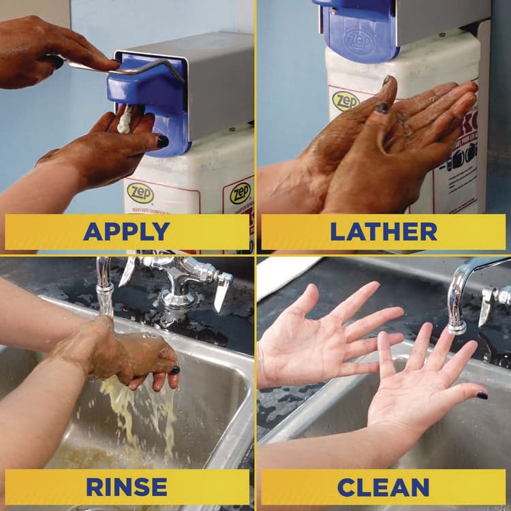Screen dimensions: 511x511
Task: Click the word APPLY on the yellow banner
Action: [x=126, y=232]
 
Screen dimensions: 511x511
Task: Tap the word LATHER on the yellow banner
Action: [x=383, y=232]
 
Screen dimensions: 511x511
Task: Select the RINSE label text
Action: [x=126, y=486]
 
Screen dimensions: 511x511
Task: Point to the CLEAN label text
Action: [x=383, y=486]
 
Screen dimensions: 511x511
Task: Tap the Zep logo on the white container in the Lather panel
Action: [x=345, y=101]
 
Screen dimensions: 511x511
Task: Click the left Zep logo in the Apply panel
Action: [x=140, y=193]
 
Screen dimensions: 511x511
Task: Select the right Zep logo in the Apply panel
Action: [x=240, y=193]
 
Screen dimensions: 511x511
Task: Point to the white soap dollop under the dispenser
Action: [x=125, y=121]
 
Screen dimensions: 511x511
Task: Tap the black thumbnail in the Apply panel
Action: [x=163, y=141]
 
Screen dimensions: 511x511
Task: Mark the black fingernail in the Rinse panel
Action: [x=175, y=370]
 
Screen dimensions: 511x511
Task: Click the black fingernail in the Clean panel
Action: [x=482, y=395]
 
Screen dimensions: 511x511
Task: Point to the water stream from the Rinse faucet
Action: [x=104, y=300]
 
